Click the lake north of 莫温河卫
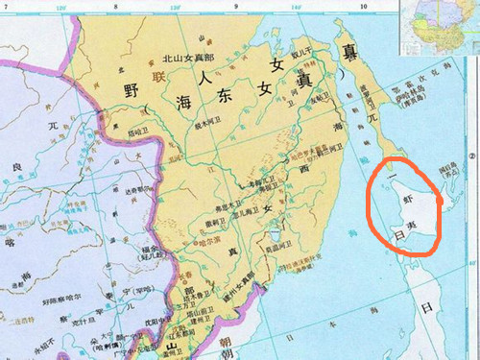click(276, 228)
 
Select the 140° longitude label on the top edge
click(297, 7)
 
